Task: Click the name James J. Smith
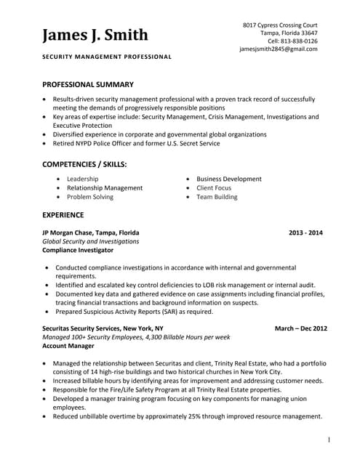tap(95, 35)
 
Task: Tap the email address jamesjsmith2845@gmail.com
tap(278, 49)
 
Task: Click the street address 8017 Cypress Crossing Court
tap(279, 25)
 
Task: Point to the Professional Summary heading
tap(87, 85)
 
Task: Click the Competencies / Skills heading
tap(84, 165)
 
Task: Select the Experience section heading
tap(63, 215)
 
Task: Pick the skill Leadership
tap(82, 179)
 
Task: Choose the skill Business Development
tap(228, 179)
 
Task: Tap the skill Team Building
tap(217, 197)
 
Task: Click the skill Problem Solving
tap(89, 197)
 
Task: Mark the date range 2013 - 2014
tap(305, 232)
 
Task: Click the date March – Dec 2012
tap(300, 328)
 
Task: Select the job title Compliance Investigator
tap(78, 250)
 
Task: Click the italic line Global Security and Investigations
tap(90, 241)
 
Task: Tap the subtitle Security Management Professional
tap(107, 57)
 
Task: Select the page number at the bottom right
tap(329, 440)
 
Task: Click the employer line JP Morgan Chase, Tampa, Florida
tap(91, 232)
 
